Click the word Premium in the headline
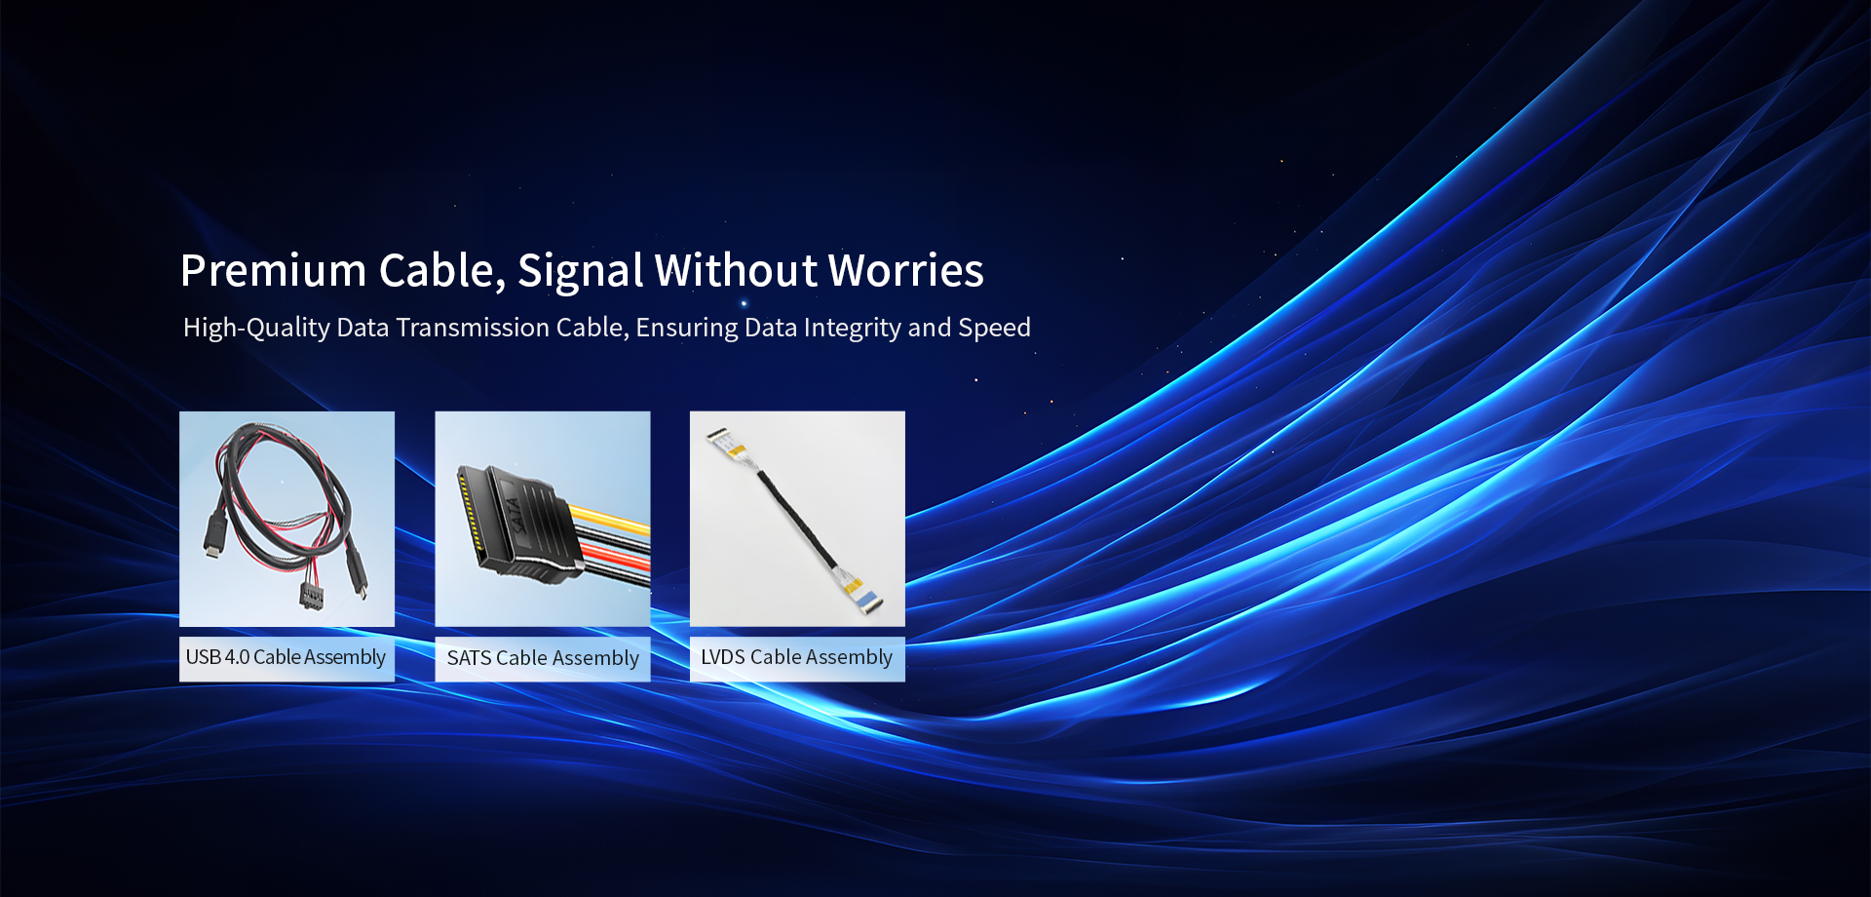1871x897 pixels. pyautogui.click(x=273, y=271)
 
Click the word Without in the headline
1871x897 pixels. pyautogui.click(x=737, y=271)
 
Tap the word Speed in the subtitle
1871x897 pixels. pyautogui.click(x=994, y=328)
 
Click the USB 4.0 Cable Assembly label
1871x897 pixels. pyautogui.click(x=286, y=657)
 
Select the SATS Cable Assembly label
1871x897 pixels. pyautogui.click(x=543, y=658)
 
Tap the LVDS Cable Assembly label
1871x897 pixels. pyautogui.click(x=797, y=657)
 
